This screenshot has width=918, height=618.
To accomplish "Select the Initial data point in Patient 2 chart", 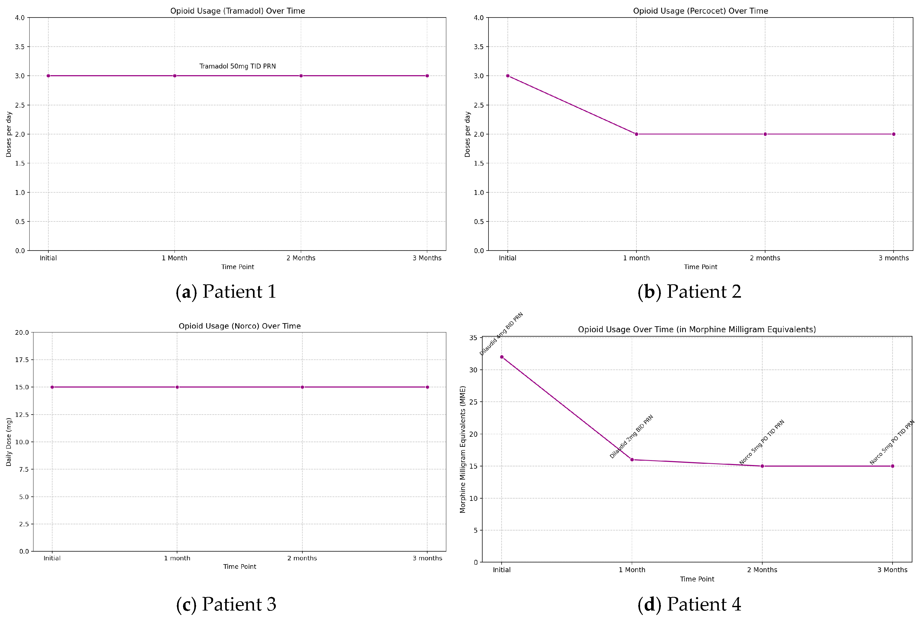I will click(x=507, y=76).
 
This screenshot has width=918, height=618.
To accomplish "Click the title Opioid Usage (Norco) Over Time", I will click(x=239, y=326).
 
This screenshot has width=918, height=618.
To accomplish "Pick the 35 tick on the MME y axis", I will click(x=473, y=338).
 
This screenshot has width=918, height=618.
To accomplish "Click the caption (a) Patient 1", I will click(x=226, y=292).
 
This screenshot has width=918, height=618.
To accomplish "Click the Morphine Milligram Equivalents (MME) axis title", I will click(x=463, y=449).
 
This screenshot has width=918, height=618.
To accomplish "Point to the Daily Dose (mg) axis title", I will click(x=9, y=442).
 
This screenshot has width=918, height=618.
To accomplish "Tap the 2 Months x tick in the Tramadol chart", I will click(x=301, y=258).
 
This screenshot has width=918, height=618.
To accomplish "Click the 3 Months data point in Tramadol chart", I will click(x=427, y=76).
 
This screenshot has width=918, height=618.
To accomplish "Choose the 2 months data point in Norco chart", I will click(x=302, y=387).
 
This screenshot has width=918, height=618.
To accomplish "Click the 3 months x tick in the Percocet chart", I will click(x=893, y=258).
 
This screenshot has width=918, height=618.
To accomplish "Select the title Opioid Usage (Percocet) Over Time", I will click(x=700, y=11).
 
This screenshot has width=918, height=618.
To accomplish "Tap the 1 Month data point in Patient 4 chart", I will click(x=632, y=460).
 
